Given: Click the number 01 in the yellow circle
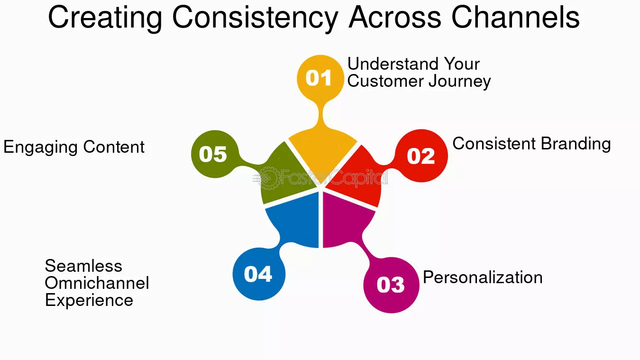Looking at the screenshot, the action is (x=319, y=78).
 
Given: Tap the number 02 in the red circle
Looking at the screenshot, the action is (x=421, y=156).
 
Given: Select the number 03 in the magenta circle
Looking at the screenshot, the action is (x=391, y=285).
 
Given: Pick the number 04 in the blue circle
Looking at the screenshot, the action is (x=258, y=274).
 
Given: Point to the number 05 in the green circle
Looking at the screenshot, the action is (x=213, y=154).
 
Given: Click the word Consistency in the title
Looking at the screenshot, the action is (x=255, y=18).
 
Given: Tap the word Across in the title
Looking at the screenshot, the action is (x=394, y=17).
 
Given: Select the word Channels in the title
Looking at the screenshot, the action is (x=515, y=17).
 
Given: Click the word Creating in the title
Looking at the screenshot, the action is (x=105, y=18).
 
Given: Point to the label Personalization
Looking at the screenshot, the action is (x=483, y=277).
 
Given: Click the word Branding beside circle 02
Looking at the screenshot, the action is (x=576, y=144).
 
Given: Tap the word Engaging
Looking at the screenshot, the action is (x=41, y=148).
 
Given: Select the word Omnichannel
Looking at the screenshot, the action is (x=97, y=283).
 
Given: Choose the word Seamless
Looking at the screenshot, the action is (x=83, y=266).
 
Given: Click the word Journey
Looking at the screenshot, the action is (x=460, y=82).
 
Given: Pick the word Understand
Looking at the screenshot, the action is (x=393, y=64).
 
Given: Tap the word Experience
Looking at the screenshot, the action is (x=89, y=301).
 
